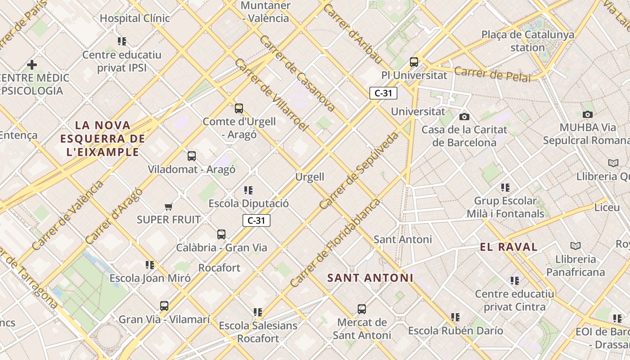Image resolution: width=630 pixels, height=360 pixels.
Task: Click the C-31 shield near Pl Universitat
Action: (x=383, y=93)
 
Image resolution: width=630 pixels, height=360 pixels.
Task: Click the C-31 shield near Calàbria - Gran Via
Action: (x=256, y=220)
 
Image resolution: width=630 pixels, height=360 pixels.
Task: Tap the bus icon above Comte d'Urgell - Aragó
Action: (x=239, y=108)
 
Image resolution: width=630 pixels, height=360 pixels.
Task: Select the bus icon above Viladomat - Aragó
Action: (x=192, y=156)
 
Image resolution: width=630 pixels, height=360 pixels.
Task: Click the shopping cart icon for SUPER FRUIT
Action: (x=169, y=207)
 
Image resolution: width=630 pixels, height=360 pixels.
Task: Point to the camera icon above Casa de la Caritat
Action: (x=464, y=117)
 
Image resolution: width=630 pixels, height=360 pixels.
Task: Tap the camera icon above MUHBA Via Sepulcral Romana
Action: (x=587, y=114)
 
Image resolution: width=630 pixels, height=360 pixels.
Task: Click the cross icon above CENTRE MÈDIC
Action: (x=32, y=65)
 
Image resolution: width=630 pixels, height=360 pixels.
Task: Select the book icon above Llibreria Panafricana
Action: (x=575, y=246)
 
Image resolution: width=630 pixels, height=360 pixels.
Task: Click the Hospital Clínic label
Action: (x=135, y=18)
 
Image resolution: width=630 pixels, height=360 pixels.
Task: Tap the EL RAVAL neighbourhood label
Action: (x=508, y=247)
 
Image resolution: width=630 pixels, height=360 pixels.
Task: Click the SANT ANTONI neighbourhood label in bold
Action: (x=370, y=278)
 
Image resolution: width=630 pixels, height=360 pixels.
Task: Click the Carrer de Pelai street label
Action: (x=492, y=74)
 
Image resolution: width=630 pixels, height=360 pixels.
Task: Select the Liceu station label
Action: (x=607, y=207)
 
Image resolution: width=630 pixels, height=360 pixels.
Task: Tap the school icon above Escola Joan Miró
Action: (x=150, y=265)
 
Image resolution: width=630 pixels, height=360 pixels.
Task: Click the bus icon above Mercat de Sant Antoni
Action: (x=362, y=309)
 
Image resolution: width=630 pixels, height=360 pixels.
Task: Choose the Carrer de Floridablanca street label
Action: (x=335, y=243)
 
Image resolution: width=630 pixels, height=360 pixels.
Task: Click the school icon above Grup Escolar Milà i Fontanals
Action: (x=505, y=188)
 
